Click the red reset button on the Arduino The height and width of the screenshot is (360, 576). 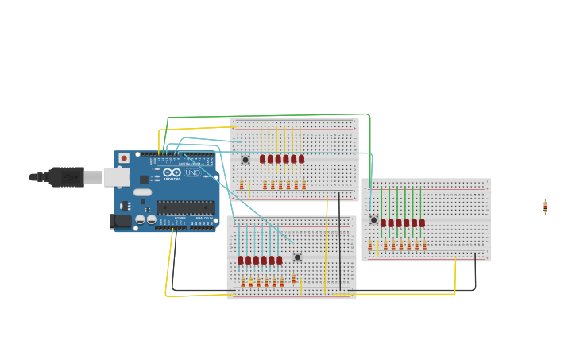pos(124,158)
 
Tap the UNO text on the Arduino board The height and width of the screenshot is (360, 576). pos(193,172)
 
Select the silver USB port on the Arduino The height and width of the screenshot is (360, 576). pos(117,176)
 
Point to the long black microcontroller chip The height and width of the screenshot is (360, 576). pos(184,207)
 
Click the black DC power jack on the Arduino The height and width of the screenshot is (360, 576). pos(120,221)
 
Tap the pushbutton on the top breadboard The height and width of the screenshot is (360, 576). pos(245,160)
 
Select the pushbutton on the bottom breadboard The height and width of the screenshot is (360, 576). pos(297,257)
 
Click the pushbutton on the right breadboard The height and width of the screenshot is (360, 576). pos(373,219)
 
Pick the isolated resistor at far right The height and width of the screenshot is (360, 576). pos(545,207)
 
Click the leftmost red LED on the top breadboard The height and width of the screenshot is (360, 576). pos(262,159)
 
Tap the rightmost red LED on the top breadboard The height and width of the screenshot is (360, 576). pos(301,159)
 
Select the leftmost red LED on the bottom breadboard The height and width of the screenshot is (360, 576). pos(241,260)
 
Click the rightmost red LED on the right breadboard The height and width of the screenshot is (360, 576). pos(422,223)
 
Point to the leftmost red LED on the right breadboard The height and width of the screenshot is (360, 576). pos(383,223)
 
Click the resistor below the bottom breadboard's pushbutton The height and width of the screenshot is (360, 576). pos(293,278)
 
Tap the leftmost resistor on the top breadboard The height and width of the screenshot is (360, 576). pos(242,186)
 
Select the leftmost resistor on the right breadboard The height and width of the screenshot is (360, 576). pos(369,245)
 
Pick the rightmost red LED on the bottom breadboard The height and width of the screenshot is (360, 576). pos(279,260)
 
